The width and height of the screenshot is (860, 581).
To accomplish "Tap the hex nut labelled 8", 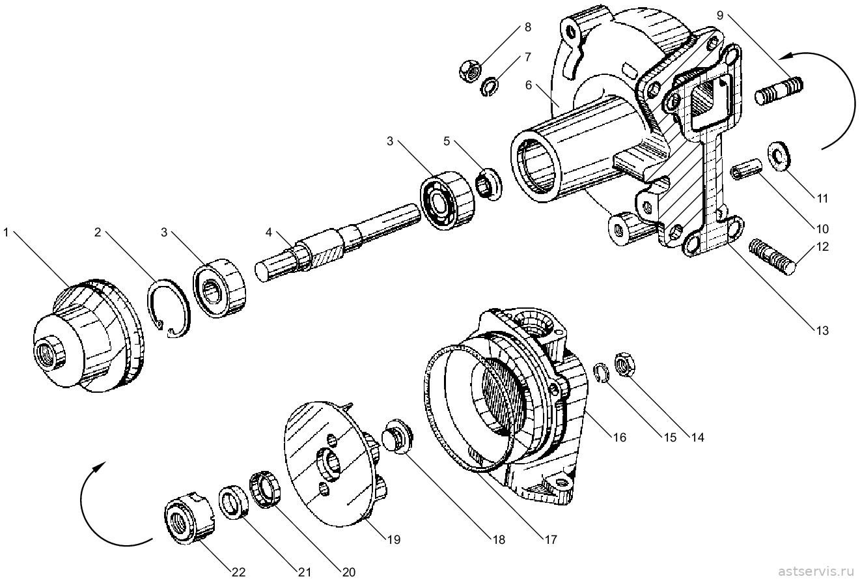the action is pos(470,70).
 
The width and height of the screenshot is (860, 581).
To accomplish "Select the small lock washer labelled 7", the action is pos(489,87).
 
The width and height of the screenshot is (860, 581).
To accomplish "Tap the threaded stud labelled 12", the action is pos(772,256).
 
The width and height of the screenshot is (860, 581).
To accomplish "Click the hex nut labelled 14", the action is pos(625,364).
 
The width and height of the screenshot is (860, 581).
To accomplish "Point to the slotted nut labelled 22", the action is pos(189,518).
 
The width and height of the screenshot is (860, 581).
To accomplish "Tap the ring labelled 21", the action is pos(235,502).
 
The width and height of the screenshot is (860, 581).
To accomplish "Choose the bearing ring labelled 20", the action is pos(265,489).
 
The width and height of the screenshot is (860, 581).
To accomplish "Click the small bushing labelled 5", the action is pos(489,184).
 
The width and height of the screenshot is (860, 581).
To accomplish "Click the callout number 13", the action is pos(822,330).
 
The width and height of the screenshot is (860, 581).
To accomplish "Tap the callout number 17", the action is pos(551,539).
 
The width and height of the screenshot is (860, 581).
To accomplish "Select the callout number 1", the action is pos(6,233).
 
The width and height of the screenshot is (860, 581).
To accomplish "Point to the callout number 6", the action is pos(528,85).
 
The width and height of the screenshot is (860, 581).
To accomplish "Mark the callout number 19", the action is pos(393,539).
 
